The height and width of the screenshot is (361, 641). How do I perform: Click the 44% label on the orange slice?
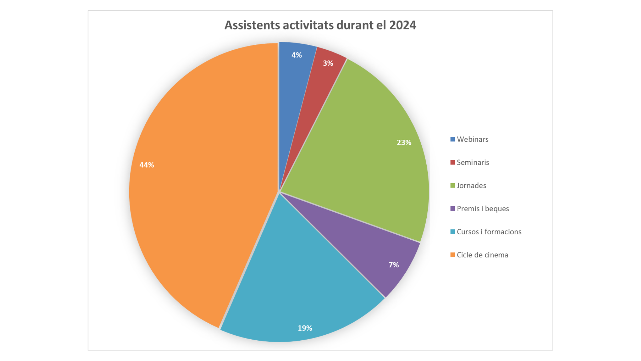click(147, 165)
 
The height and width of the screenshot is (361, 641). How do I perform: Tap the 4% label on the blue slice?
click(296, 55)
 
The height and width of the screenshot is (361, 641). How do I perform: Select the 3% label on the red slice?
click(328, 63)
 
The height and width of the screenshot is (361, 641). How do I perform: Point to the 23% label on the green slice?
click(404, 143)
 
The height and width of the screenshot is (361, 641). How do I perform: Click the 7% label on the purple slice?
click(394, 265)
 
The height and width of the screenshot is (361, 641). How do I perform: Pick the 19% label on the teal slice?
click(305, 328)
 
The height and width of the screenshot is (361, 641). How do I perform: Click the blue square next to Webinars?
click(452, 139)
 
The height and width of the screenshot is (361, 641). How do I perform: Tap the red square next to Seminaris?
click(452, 162)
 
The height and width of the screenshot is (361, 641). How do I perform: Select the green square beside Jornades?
click(452, 186)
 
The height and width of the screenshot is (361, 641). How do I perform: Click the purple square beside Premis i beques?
click(452, 209)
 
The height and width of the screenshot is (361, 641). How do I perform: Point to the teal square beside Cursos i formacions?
click(452, 232)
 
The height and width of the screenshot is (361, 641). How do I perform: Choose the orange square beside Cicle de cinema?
click(452, 255)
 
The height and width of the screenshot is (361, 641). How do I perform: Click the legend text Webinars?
click(472, 139)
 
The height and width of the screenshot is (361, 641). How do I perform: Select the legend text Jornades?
click(471, 186)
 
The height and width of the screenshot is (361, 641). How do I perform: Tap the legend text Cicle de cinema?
click(482, 255)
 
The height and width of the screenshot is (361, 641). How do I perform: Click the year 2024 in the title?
click(403, 25)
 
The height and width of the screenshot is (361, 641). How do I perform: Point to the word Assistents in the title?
click(252, 25)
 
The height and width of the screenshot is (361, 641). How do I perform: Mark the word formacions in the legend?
click(503, 232)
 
